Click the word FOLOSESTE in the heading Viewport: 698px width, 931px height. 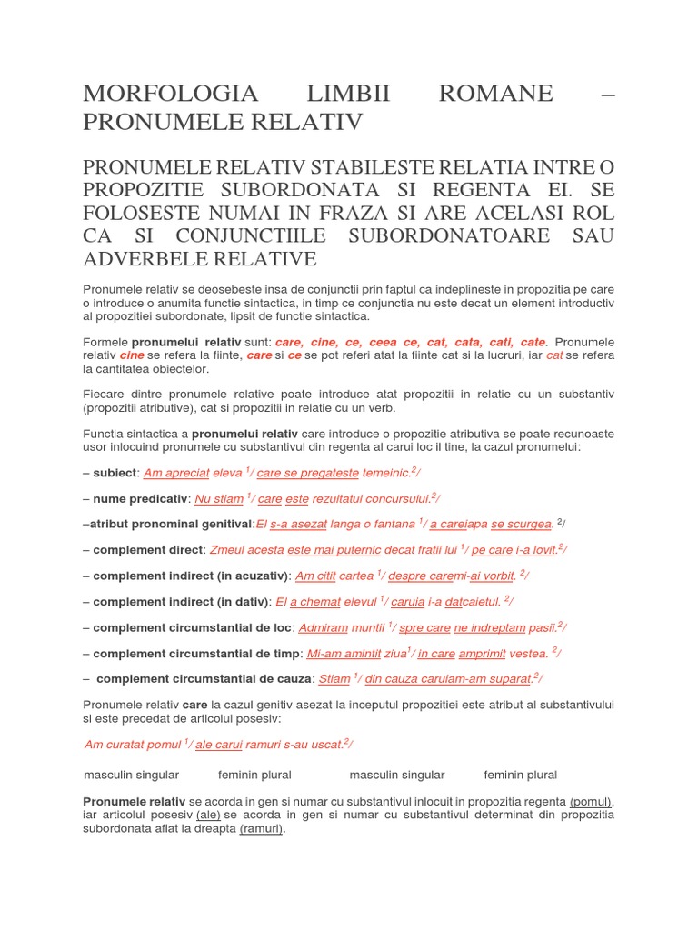[x=147, y=214]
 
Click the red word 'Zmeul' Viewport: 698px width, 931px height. [x=227, y=549]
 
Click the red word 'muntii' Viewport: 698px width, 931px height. [x=368, y=627]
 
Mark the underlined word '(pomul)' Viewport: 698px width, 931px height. [x=592, y=802]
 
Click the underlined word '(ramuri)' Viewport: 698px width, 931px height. [x=262, y=829]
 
